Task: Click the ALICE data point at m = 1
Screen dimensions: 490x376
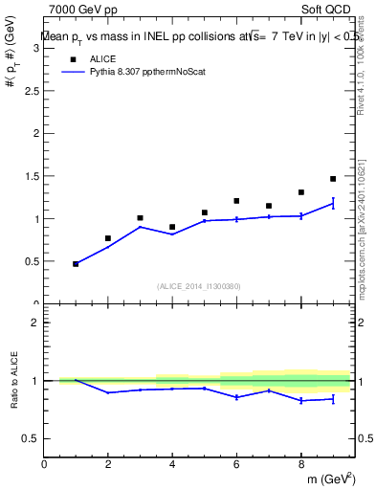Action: (x=76, y=263)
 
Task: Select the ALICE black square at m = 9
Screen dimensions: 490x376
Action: (x=333, y=179)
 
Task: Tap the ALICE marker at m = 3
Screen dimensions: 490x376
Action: (x=140, y=218)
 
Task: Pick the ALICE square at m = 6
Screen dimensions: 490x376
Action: (x=236, y=201)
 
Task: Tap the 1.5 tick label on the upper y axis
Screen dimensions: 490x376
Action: (x=31, y=177)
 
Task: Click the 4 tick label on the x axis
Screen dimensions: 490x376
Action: (x=172, y=464)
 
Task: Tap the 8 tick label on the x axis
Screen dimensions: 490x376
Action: (x=300, y=464)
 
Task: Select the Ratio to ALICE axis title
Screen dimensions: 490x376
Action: (x=12, y=381)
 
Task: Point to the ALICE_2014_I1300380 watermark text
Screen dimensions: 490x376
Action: (x=198, y=285)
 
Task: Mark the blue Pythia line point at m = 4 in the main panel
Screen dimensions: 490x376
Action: (x=172, y=234)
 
